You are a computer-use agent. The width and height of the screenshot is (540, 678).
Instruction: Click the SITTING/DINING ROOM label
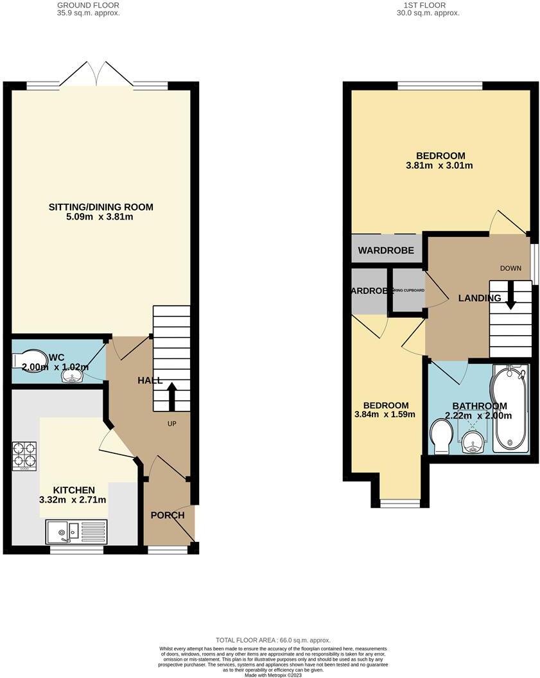pos(101,207)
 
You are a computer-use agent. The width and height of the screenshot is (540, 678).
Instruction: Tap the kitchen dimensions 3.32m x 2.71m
pos(73,500)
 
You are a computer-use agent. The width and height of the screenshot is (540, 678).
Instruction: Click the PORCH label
pos(168,515)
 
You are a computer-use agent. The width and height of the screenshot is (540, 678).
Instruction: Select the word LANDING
pos(479,298)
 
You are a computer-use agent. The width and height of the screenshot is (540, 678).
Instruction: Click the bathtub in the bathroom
pos(509,406)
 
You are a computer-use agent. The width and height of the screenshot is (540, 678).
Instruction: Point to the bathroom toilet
pos(442,435)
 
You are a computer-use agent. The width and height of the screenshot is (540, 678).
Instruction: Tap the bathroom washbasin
pos(474,441)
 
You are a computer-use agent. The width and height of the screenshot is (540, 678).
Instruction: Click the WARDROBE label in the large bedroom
pos(386,250)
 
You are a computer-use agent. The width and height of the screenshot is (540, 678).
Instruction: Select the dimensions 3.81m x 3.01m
pos(440,166)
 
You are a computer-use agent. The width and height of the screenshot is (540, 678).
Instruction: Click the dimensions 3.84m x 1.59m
pos(386,414)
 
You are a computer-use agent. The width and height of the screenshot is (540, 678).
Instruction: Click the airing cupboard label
pos(408,290)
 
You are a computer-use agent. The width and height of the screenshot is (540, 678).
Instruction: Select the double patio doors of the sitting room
pos(96,74)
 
